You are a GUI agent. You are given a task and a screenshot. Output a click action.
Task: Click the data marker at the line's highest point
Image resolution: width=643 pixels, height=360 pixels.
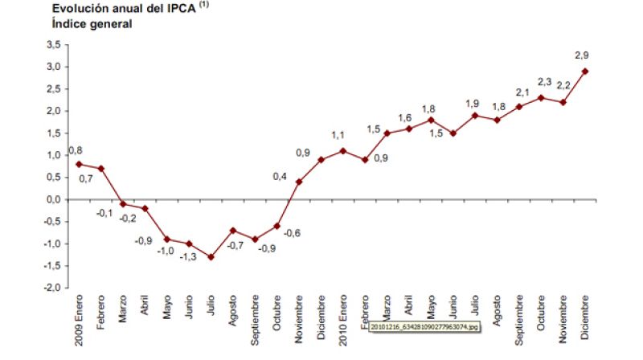pyautogui.click(x=584, y=71)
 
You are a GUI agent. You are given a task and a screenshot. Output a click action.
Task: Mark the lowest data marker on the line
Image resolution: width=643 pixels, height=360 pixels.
pyautogui.click(x=211, y=257)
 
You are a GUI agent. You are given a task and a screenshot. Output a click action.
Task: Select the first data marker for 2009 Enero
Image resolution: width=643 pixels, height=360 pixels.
pyautogui.click(x=79, y=164)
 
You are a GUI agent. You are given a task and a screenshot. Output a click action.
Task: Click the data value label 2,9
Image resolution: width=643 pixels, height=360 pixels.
pyautogui.click(x=583, y=55)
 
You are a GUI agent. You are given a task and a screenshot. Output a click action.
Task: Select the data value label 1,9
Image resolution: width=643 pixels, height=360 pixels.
pyautogui.click(x=473, y=102)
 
